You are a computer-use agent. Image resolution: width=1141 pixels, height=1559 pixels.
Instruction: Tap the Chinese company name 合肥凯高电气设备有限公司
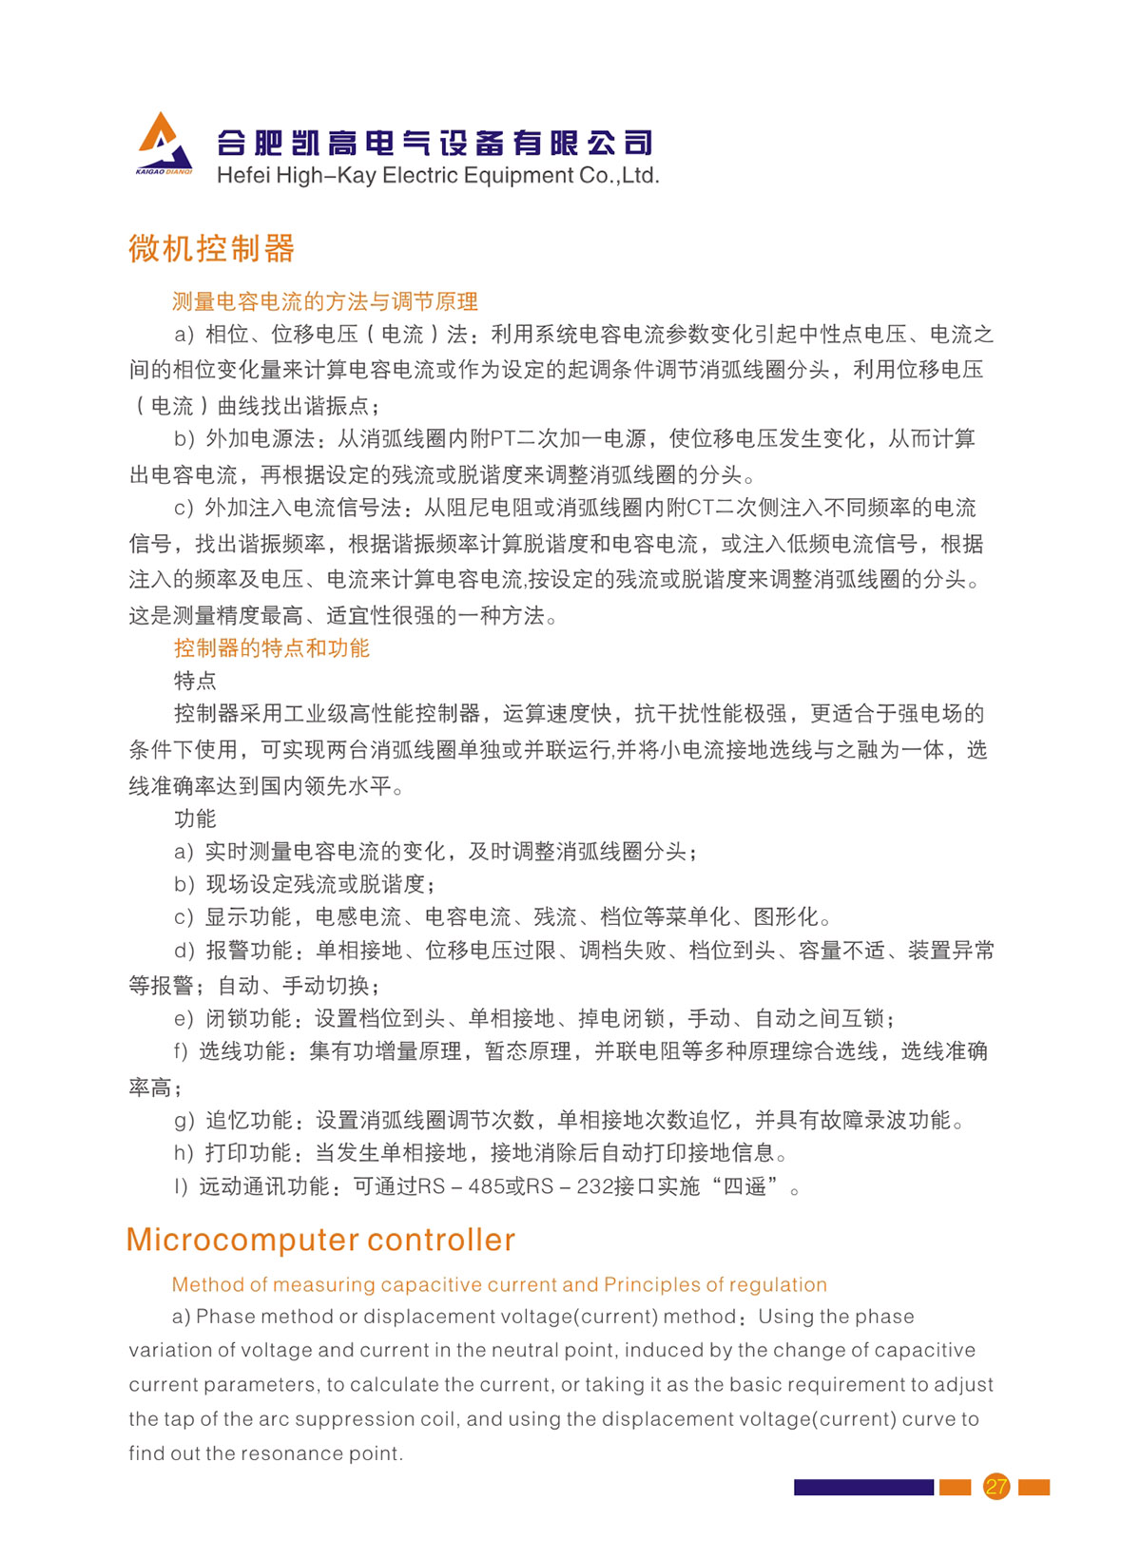435,143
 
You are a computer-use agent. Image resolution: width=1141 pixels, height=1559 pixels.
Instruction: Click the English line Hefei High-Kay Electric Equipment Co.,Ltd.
437,176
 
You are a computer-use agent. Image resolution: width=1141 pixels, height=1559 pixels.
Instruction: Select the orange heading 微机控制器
211,249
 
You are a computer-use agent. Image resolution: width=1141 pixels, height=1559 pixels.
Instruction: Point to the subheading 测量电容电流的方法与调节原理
324,302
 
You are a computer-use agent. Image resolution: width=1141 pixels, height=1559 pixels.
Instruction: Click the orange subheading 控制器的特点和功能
271,648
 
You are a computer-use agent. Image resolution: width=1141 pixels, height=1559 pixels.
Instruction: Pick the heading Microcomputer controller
320,1240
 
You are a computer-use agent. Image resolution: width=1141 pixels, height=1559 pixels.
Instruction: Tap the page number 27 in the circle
996,1487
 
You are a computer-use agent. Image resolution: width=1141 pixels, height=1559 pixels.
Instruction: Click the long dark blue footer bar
863,1487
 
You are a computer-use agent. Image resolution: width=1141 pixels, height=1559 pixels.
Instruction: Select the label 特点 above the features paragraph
195,681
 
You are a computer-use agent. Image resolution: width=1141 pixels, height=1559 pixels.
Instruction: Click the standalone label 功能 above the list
195,818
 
